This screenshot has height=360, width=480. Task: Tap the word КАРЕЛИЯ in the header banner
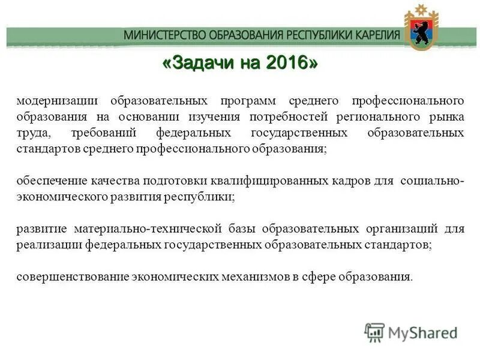pos(374,35)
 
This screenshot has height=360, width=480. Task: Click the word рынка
pos(447,116)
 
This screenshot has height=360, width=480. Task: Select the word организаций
pos(401,229)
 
